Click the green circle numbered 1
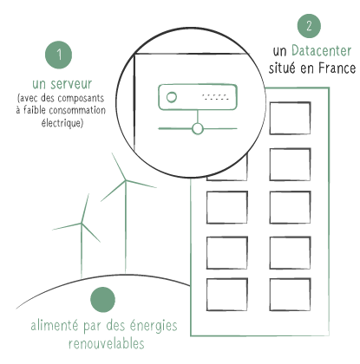click(59, 55)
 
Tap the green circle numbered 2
click(309, 26)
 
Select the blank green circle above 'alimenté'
click(102, 300)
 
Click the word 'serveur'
click(71, 84)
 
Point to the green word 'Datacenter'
click(321, 51)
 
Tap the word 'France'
click(337, 68)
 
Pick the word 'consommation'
click(77, 110)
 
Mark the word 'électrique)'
click(62, 123)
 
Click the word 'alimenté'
click(55, 326)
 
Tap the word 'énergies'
click(154, 326)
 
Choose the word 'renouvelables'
click(107, 343)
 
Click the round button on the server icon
click(172, 97)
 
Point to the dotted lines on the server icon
click(215, 97)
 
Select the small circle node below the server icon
click(198, 129)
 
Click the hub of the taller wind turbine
click(126, 180)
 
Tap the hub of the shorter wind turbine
click(82, 223)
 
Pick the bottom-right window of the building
click(290, 295)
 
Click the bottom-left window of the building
click(227, 295)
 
